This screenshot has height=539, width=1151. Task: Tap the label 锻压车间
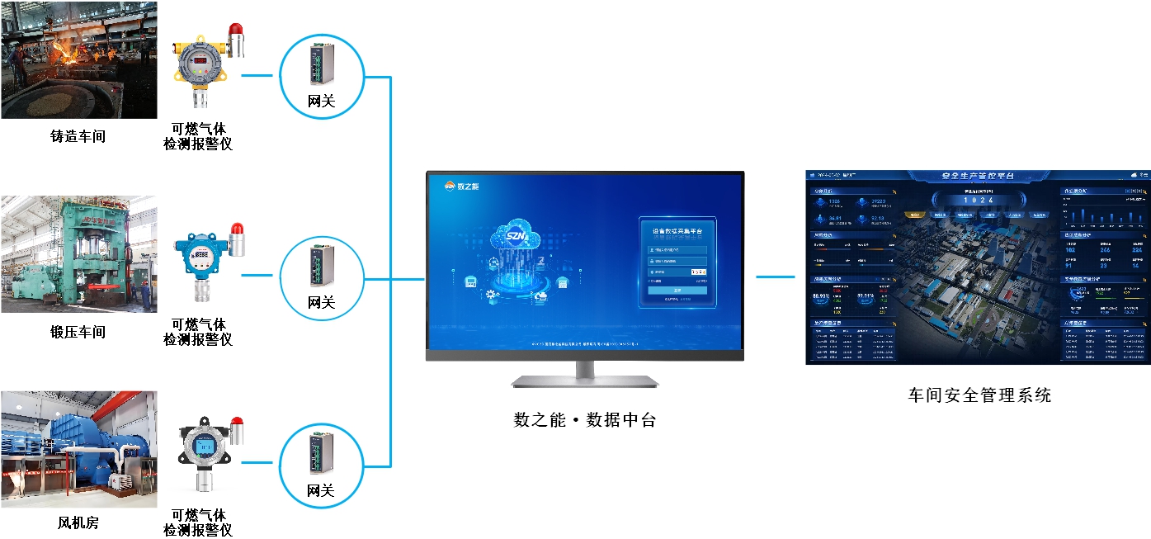(x=78, y=333)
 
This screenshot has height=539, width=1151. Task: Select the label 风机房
(x=78, y=523)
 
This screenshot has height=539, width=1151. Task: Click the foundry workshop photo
(x=78, y=59)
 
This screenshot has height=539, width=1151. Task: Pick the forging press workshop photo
(x=78, y=253)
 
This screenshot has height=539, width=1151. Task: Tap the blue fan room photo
(x=78, y=448)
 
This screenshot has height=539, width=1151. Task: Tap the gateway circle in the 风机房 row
(x=321, y=466)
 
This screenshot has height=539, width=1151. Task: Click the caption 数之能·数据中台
(x=585, y=420)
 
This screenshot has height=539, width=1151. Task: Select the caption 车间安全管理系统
(x=979, y=395)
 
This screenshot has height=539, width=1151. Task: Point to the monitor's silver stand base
(x=585, y=381)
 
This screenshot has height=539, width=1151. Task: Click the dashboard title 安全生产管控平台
(x=978, y=177)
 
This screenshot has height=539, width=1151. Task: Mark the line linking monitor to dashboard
(x=776, y=277)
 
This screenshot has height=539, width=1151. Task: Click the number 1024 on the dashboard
(x=979, y=201)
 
